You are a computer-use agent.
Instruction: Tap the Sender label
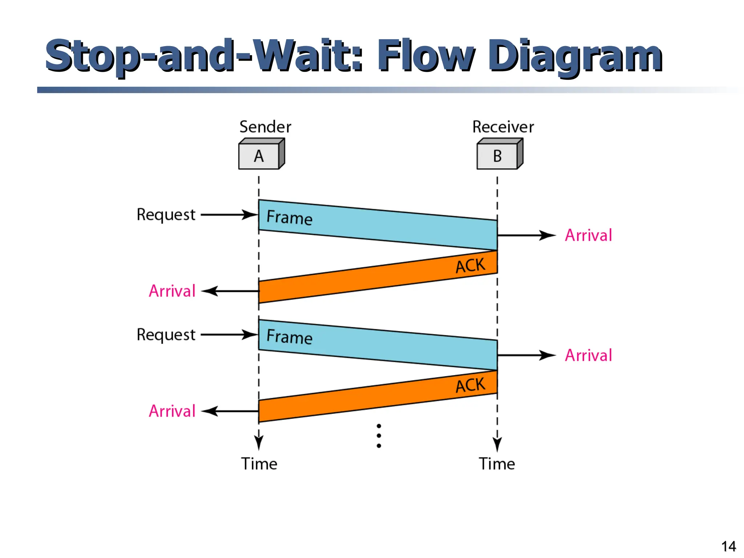(x=265, y=127)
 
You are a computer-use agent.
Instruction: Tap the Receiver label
(x=503, y=127)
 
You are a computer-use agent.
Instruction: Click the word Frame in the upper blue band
(x=290, y=218)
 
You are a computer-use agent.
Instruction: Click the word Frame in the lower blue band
(x=290, y=336)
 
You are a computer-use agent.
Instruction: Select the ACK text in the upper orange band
(x=470, y=266)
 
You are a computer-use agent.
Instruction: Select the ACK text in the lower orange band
(x=470, y=385)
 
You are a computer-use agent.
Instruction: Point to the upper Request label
(x=166, y=215)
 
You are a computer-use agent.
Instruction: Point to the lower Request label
(x=166, y=335)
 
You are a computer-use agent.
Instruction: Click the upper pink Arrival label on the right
(x=589, y=235)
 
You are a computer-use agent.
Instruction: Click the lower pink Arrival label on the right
(x=589, y=355)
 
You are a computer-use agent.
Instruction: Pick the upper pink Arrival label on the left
(x=172, y=291)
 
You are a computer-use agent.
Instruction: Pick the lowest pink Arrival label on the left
(x=172, y=411)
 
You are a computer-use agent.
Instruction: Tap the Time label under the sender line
(x=259, y=464)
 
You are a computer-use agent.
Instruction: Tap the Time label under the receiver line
(x=497, y=464)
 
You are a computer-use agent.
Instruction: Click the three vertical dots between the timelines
(x=379, y=436)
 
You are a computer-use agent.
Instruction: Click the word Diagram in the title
(x=575, y=56)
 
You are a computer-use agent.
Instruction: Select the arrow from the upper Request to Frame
(x=229, y=215)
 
